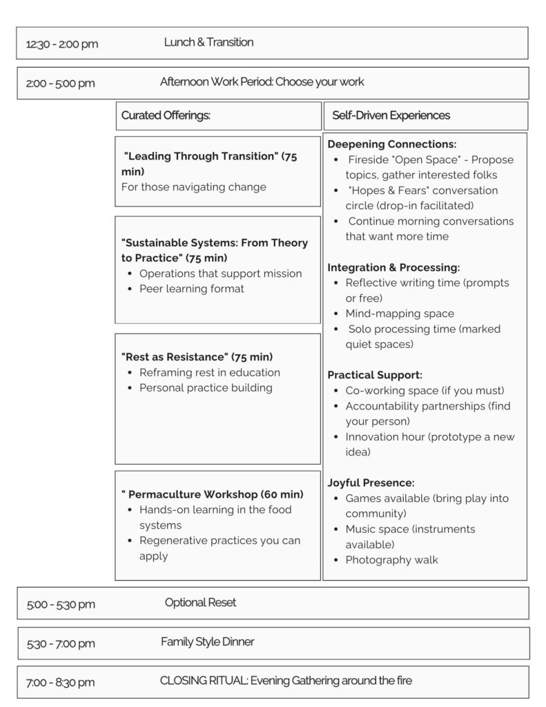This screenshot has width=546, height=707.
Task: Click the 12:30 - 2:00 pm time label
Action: click(62, 44)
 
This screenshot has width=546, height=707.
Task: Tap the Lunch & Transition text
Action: click(208, 42)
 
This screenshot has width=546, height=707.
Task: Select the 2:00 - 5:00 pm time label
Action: click(61, 84)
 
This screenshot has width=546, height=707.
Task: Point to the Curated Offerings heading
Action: click(166, 115)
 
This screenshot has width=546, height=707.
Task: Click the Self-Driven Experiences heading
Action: click(391, 115)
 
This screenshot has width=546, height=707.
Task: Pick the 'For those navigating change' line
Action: click(194, 186)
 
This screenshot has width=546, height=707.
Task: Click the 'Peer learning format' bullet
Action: click(192, 289)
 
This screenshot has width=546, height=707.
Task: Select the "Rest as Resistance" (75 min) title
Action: click(197, 357)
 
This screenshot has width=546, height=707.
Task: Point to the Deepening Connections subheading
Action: click(392, 144)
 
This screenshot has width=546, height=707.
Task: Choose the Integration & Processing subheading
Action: click(393, 267)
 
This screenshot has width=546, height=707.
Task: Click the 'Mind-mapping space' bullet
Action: click(400, 313)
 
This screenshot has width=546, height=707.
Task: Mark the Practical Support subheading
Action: click(375, 375)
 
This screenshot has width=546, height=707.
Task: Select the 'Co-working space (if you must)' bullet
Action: click(425, 391)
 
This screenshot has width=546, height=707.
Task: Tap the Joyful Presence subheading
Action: click(371, 483)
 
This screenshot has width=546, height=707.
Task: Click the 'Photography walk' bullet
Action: click(391, 560)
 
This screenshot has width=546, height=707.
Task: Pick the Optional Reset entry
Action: click(200, 603)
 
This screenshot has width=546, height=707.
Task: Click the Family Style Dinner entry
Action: click(208, 642)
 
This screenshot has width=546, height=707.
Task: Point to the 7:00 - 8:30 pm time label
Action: click(61, 683)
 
